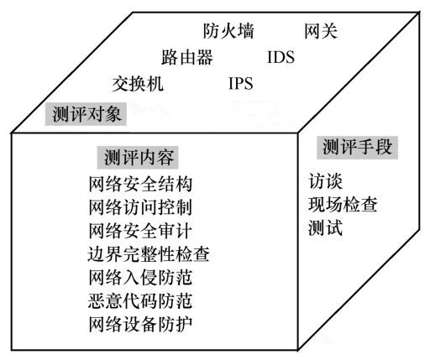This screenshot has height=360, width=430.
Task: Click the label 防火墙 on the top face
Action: [x=228, y=31]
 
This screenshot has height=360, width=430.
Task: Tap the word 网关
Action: [x=321, y=31]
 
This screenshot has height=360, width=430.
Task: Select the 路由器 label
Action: [x=187, y=57]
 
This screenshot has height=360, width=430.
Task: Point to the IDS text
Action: [x=281, y=57]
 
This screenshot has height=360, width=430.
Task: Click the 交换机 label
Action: [x=138, y=83]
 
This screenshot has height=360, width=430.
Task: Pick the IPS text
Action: [x=241, y=83]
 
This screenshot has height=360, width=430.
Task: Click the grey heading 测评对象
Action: [x=86, y=114]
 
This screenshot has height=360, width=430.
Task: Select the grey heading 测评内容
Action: [x=138, y=158]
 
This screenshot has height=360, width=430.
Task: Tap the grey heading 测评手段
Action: [x=357, y=148]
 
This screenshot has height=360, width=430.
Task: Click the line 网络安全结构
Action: [x=140, y=184]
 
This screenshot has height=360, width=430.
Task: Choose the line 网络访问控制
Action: [x=140, y=207]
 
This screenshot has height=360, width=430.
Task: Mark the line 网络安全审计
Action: [x=140, y=231]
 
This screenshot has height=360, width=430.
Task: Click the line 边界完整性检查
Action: [x=149, y=254]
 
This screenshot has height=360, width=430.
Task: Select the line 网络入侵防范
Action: [x=140, y=278]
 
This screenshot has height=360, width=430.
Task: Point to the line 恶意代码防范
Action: [x=140, y=300]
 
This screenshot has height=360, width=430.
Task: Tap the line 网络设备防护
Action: [x=140, y=324]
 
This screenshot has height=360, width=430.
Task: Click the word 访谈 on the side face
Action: [x=325, y=181]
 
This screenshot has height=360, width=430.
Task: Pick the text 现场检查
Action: [x=343, y=205]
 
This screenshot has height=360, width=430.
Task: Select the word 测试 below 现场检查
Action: [x=325, y=227]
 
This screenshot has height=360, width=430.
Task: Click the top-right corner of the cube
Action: [x=419, y=13]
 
